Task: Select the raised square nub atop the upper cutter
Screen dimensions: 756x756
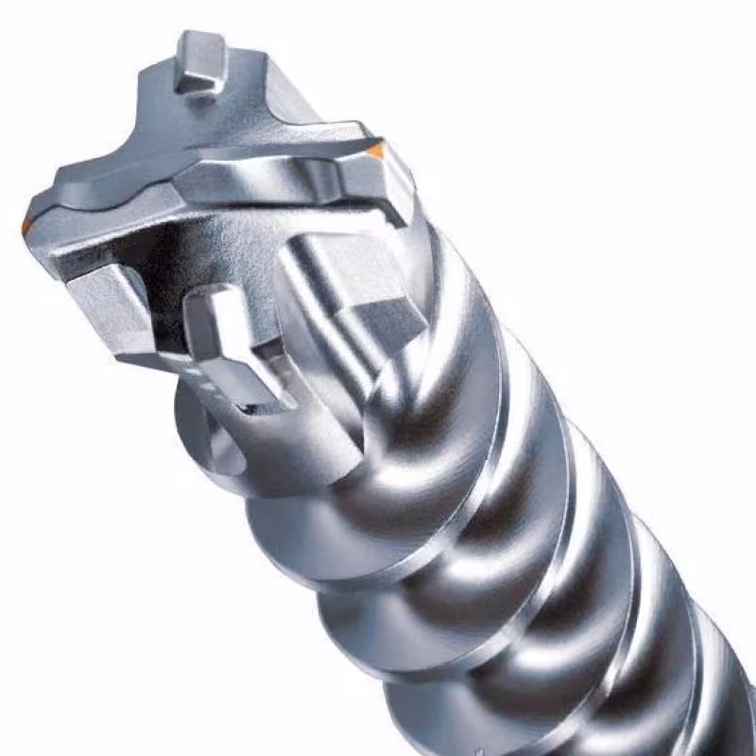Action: click(x=199, y=61)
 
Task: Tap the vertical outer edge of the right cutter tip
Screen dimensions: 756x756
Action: click(x=402, y=189)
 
